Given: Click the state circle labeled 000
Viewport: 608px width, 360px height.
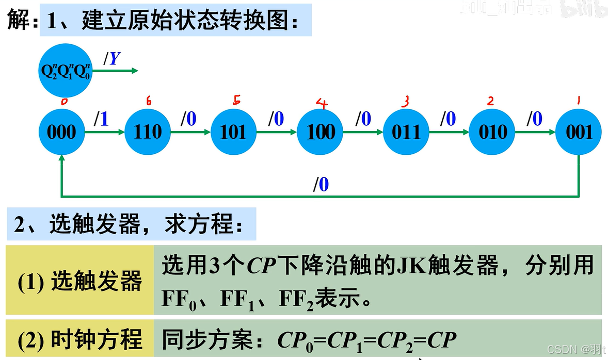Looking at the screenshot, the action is pyautogui.click(x=61, y=132).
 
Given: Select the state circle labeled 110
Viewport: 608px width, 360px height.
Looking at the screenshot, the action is pyautogui.click(x=148, y=132).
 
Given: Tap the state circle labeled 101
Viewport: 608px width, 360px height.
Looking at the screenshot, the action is pyautogui.click(x=233, y=132).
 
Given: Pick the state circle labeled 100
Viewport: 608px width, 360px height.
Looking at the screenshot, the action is pyautogui.click(x=321, y=132).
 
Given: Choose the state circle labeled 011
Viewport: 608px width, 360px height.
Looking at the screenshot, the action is pyautogui.click(x=406, y=132).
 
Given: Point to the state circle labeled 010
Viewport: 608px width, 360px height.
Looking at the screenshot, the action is pyautogui.click(x=492, y=132).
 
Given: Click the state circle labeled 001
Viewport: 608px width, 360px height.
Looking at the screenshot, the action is pyautogui.click(x=579, y=132).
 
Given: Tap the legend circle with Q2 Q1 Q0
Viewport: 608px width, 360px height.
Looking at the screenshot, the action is pyautogui.click(x=65, y=71).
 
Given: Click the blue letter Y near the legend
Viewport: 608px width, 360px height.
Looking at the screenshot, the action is pyautogui.click(x=115, y=59).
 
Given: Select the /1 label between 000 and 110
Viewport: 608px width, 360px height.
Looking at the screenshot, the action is pyautogui.click(x=102, y=119).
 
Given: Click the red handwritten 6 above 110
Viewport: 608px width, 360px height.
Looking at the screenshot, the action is pyautogui.click(x=149, y=101).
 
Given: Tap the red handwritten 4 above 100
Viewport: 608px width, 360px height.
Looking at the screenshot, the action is pyautogui.click(x=322, y=103).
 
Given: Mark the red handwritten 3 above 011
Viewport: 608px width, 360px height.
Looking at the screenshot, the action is pyautogui.click(x=406, y=101).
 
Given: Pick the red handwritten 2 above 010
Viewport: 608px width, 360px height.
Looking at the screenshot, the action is pyautogui.click(x=490, y=101).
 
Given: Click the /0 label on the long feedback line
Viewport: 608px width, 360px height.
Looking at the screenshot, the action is pyautogui.click(x=321, y=184).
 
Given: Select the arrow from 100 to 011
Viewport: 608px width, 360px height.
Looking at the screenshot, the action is pyautogui.click(x=363, y=133).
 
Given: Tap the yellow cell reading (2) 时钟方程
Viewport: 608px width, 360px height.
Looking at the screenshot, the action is pyautogui.click(x=80, y=339).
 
